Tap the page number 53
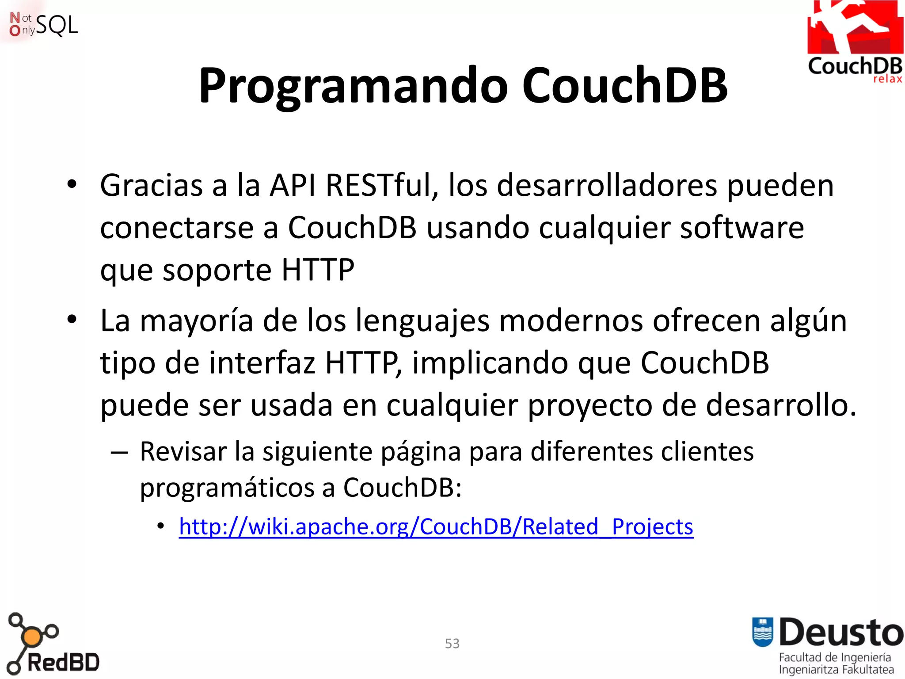click(452, 643)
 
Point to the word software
click(741, 228)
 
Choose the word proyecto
click(590, 405)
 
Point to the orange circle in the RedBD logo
click(32, 637)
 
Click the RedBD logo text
click(63, 663)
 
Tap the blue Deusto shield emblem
click(762, 632)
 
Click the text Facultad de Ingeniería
click(835, 657)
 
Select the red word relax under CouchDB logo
click(887, 79)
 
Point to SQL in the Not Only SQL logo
click(57, 25)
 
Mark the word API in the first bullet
click(293, 185)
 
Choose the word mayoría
click(196, 320)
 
